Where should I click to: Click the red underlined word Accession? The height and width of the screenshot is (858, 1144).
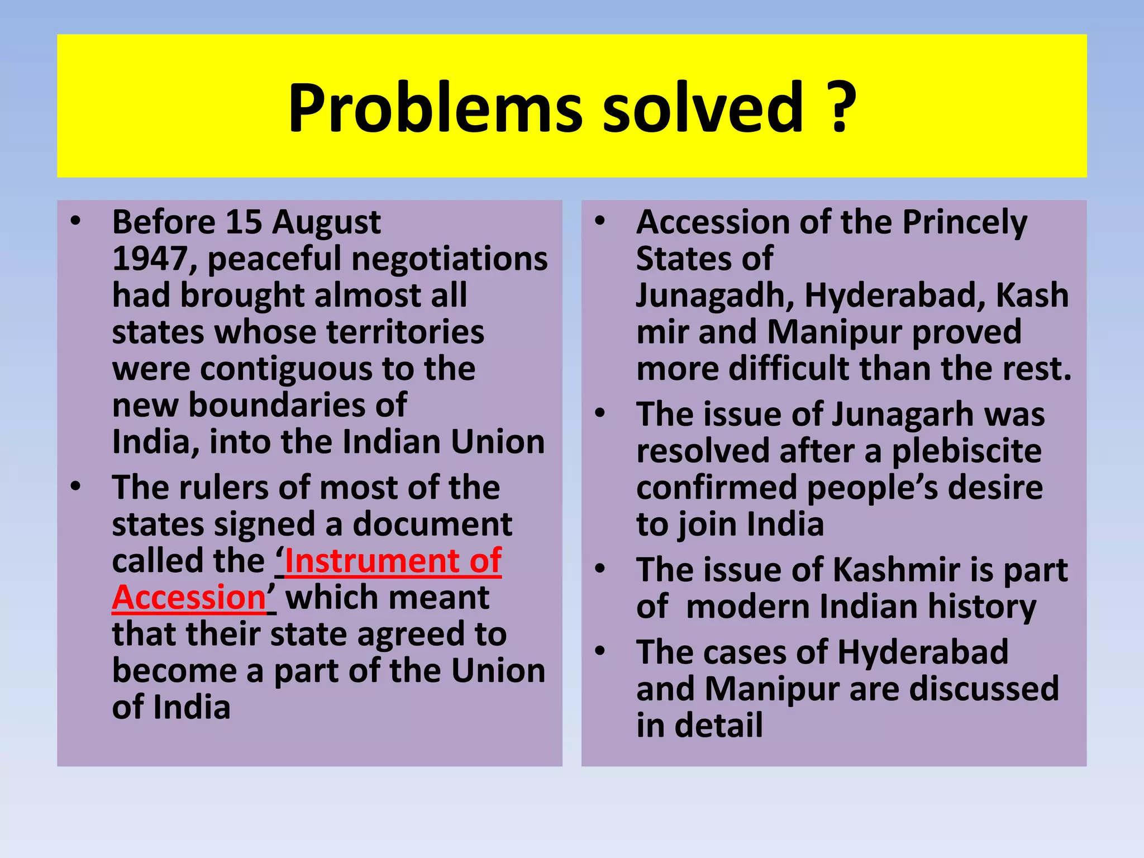[189, 598]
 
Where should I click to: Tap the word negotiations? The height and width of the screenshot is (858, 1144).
[449, 259]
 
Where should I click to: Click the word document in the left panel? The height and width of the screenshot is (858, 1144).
[432, 525]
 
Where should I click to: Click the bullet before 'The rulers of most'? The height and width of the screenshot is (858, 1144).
[76, 486]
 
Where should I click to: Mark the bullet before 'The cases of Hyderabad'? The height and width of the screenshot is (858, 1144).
[600, 651]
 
